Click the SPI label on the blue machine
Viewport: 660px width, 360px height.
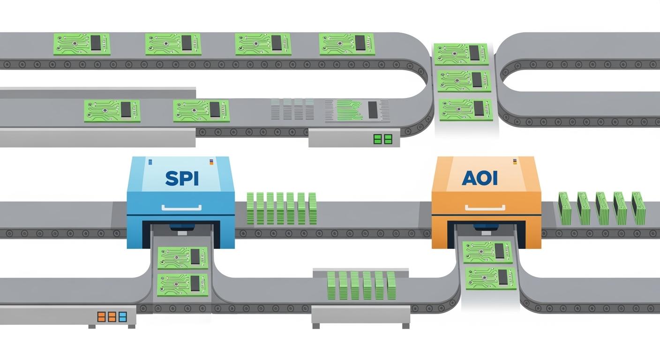tap(181, 178)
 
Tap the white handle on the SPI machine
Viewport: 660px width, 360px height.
tap(181, 207)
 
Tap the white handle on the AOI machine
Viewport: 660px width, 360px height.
tap(486, 207)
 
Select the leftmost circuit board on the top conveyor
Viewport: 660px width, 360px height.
tap(82, 44)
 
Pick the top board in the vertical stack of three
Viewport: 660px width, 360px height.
tap(461, 54)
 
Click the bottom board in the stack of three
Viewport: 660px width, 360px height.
tap(466, 109)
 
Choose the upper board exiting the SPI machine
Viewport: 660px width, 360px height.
tap(183, 257)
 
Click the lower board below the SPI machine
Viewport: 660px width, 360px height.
tap(183, 285)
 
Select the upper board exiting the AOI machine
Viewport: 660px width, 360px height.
tap(487, 252)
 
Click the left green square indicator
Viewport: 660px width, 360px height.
tap(377, 139)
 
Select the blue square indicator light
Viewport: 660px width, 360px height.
tap(123, 316)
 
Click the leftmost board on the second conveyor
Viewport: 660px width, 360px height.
tap(112, 111)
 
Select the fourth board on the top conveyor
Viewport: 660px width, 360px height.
tap(346, 44)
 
